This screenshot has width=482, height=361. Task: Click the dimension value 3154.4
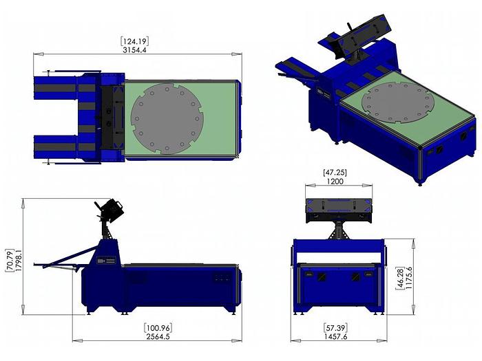point(134,50)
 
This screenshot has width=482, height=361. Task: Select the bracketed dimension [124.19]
point(135,41)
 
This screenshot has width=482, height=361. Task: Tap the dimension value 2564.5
point(158,336)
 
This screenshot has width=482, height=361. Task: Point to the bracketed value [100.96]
point(158,328)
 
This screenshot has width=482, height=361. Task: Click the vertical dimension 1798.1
point(19,260)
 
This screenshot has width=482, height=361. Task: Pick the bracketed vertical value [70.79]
point(10,260)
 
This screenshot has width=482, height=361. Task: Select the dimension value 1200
point(335,182)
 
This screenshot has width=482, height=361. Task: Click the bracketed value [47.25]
point(335,173)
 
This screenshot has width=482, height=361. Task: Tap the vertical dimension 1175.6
point(408,278)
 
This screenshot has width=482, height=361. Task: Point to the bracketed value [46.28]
point(400,278)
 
